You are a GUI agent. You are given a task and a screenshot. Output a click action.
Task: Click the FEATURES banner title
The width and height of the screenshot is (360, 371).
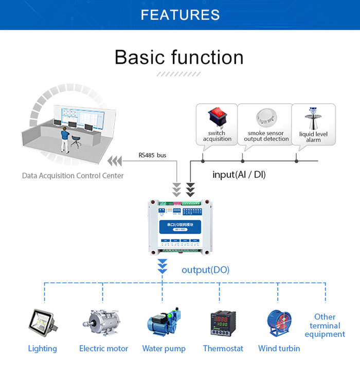(180, 15)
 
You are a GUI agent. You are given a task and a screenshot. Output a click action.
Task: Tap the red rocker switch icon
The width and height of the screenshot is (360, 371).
(217, 118)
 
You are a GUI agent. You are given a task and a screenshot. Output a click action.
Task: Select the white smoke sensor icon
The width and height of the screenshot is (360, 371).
(266, 118)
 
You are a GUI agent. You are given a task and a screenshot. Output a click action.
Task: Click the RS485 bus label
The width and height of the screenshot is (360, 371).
(153, 155)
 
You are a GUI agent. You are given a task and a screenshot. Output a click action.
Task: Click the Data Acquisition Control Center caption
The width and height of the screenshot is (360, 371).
(73, 176)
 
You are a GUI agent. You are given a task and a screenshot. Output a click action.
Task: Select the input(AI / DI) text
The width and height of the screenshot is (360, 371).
(239, 175)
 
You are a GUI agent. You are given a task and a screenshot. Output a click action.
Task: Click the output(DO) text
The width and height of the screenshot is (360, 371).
(206, 270)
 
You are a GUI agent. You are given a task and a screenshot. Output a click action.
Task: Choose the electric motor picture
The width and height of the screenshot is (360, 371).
(103, 322)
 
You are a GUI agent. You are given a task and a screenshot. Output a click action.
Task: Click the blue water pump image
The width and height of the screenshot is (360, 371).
(164, 322)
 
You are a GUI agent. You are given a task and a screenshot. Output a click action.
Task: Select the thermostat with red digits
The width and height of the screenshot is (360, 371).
(223, 324)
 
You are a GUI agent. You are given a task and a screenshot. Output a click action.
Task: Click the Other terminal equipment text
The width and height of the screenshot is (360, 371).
(325, 325)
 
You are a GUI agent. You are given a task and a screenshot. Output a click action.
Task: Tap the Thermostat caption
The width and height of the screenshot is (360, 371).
(223, 348)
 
